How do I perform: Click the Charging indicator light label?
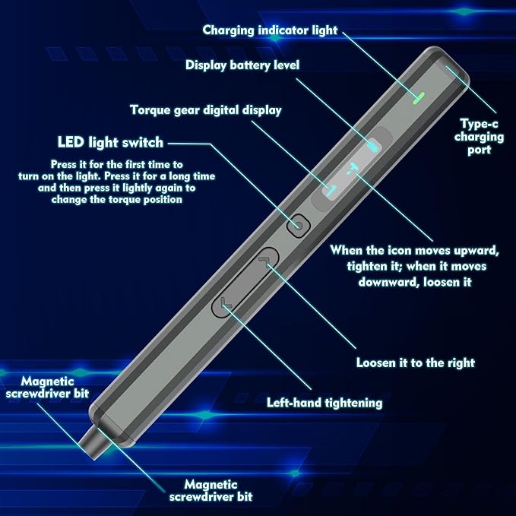(x=269, y=30)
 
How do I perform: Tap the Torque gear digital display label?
(x=205, y=110)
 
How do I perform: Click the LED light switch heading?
(x=109, y=142)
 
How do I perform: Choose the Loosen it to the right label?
(x=415, y=362)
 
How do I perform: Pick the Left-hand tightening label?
(x=324, y=402)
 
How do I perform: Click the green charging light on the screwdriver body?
(x=416, y=98)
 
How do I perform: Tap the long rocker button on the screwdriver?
(x=245, y=282)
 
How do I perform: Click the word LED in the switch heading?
(x=69, y=142)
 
